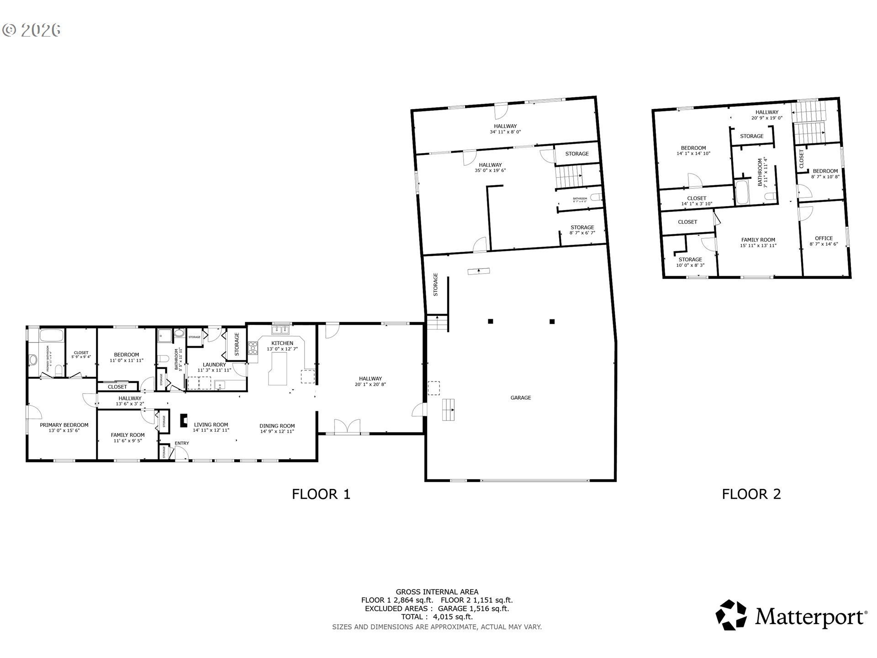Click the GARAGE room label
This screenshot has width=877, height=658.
[x=520, y=398]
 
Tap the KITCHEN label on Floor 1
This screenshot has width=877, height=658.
[x=282, y=343]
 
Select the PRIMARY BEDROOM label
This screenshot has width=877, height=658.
[x=64, y=425]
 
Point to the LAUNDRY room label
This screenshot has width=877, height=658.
[x=214, y=365]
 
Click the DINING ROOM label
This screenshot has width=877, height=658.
[x=277, y=426]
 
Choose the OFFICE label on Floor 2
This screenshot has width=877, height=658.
[x=824, y=238]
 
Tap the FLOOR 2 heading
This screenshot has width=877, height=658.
[x=751, y=494]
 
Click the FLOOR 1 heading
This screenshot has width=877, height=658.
[x=321, y=494]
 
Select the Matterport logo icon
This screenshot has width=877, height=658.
[x=731, y=615]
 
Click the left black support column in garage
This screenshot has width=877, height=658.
[x=490, y=321]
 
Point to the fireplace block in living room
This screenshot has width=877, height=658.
[x=184, y=420]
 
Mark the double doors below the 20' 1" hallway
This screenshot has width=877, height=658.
[x=347, y=427]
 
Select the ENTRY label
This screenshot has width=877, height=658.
[x=181, y=443]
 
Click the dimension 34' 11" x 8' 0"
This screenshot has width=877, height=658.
[x=505, y=132]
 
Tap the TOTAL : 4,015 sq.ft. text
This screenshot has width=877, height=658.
[x=437, y=617]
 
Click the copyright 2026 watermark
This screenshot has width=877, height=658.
[x=32, y=30]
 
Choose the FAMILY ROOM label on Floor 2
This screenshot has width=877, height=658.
[x=758, y=240]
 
